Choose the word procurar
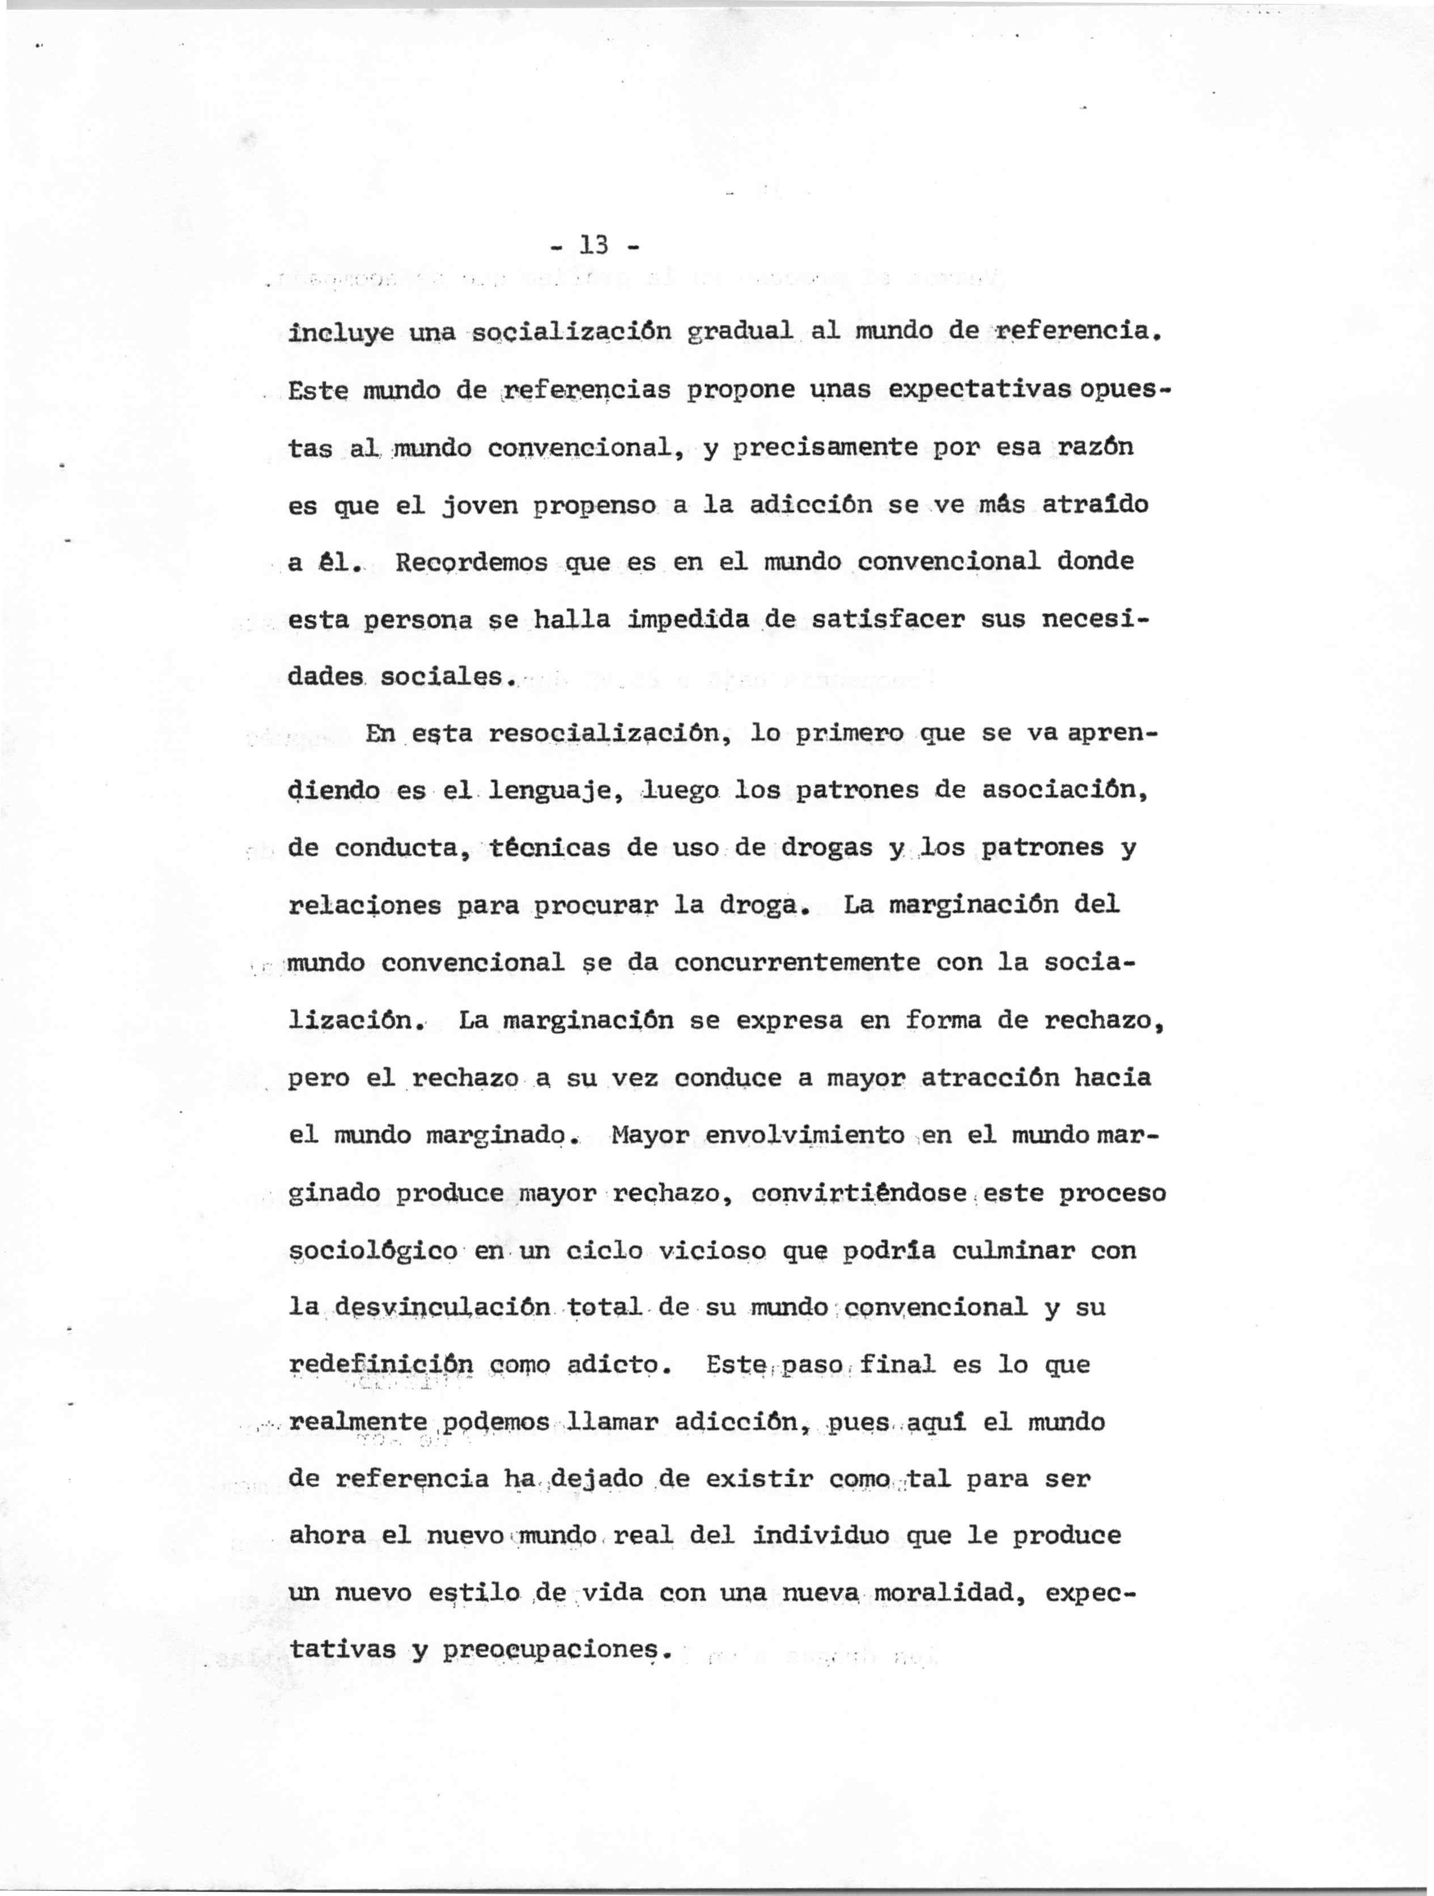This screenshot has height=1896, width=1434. pos(595,906)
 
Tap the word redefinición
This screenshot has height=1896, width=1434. pos(381,1364)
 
